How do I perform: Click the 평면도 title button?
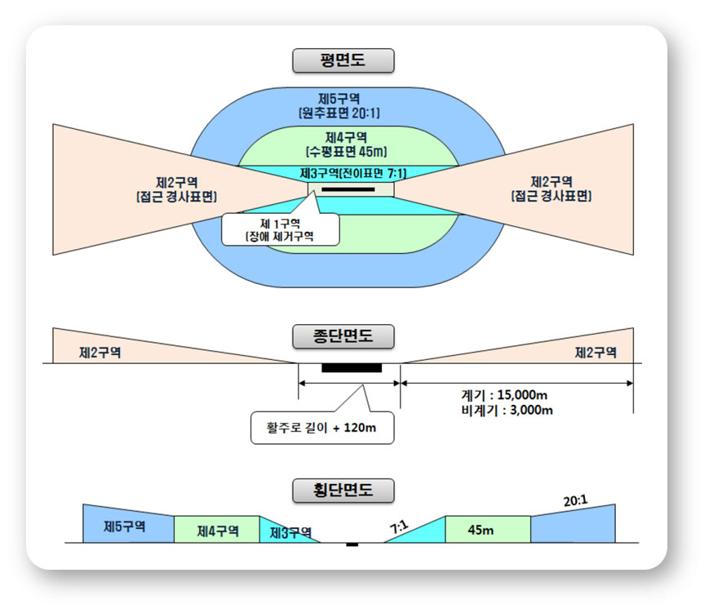343,60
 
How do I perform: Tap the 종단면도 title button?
343,336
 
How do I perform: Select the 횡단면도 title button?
343,491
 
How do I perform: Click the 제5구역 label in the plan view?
339,99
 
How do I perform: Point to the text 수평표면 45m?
347,152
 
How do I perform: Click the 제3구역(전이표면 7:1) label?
353,173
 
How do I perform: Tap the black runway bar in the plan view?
348,189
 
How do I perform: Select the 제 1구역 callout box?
281,230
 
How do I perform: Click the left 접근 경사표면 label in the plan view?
176,197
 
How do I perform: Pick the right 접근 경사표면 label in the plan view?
552,196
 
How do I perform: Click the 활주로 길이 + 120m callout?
322,428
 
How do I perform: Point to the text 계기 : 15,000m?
504,395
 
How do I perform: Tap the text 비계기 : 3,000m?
507,411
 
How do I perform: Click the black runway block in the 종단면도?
352,368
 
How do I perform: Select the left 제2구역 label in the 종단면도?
100,353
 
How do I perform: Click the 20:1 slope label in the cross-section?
576,501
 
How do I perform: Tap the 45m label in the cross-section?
481,530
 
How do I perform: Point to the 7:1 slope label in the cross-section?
399,527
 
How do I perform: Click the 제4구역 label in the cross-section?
218,531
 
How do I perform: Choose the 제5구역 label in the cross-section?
124,526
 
